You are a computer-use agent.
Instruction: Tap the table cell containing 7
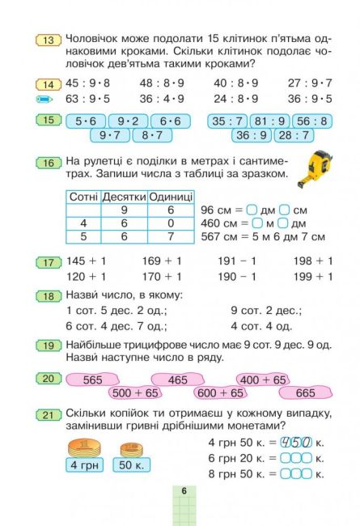click(170, 236)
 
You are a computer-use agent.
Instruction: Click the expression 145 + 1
click(87, 261)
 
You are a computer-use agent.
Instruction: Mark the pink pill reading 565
click(93, 380)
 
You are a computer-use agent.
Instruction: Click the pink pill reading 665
click(305, 392)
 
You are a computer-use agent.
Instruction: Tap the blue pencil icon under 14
click(45, 100)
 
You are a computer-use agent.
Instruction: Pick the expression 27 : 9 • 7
click(309, 83)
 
